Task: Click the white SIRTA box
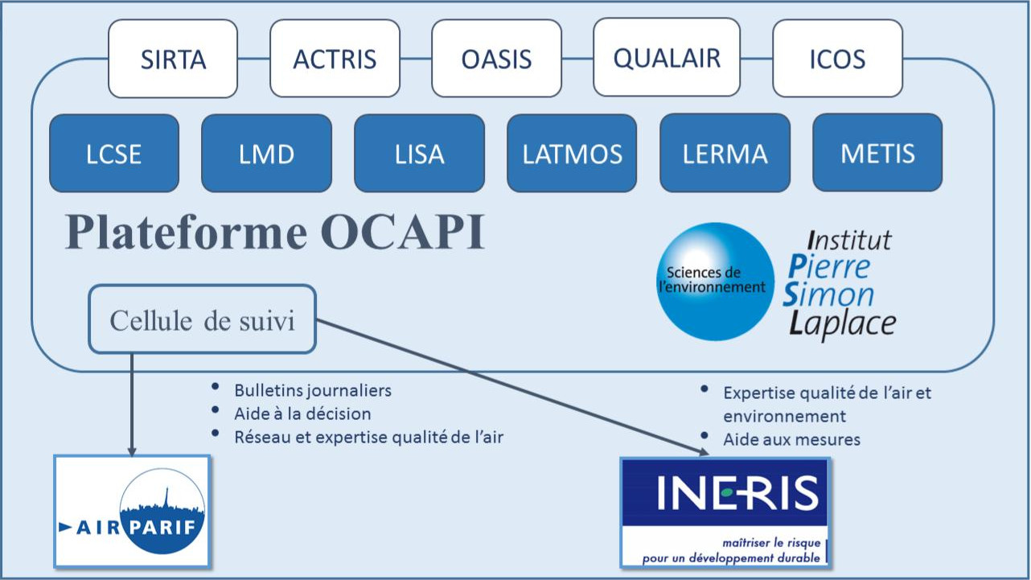[173, 59]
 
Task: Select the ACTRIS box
[335, 59]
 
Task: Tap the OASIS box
[496, 59]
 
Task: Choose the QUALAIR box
[667, 58]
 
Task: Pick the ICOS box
[837, 59]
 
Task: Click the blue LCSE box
[114, 153]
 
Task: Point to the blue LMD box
[266, 153]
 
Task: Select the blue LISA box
[419, 153]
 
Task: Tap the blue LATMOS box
[572, 153]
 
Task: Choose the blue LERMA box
[725, 153]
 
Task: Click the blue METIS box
[877, 153]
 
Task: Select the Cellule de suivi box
[202, 319]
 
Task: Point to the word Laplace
[841, 323]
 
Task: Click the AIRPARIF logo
[133, 511]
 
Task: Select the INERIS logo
[725, 512]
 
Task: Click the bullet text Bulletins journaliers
[313, 390]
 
